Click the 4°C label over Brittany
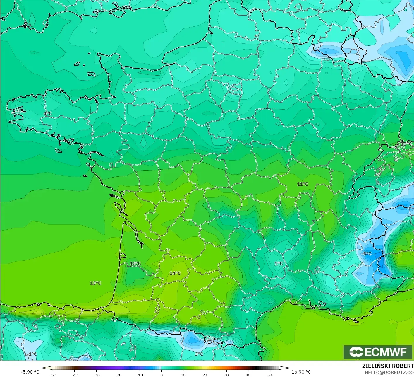point(48,113)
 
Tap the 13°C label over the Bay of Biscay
point(95,283)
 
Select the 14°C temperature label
point(175,273)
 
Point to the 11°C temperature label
point(303,184)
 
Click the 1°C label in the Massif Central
point(279,263)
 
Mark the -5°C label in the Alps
point(366,254)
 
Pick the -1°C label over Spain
point(32,354)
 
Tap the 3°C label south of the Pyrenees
point(199,354)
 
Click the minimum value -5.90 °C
point(30,372)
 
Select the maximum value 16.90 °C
point(301,372)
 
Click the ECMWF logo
point(378,352)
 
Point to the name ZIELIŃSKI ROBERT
point(388,366)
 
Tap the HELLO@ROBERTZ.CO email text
point(389,372)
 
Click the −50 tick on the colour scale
point(53,375)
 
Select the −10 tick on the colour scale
point(140,375)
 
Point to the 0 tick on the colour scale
point(162,375)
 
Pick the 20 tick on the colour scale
point(205,375)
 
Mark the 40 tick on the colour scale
point(248,375)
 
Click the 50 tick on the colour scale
point(270,375)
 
